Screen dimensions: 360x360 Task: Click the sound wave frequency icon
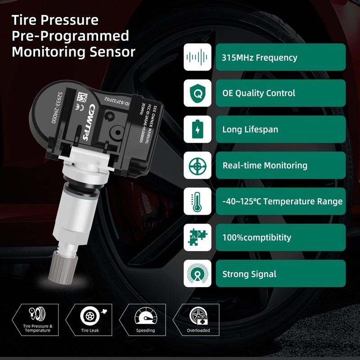pyautogui.click(x=197, y=57)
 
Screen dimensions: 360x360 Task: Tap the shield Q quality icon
pyautogui.click(x=197, y=93)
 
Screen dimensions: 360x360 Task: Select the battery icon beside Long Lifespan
pyautogui.click(x=197, y=129)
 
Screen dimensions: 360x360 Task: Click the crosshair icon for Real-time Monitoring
pyautogui.click(x=197, y=165)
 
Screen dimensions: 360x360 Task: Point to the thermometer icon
pyautogui.click(x=197, y=201)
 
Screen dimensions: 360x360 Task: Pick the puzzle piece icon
pyautogui.click(x=197, y=237)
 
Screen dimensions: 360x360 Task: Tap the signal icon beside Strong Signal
pyautogui.click(x=197, y=273)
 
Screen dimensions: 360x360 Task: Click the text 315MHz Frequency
pyautogui.click(x=260, y=58)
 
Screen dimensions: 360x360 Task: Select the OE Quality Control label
pyautogui.click(x=259, y=94)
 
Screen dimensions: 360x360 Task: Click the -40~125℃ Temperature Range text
pyautogui.click(x=282, y=202)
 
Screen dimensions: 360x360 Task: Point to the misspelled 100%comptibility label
pyautogui.click(x=256, y=238)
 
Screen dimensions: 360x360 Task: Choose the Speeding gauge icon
pyautogui.click(x=145, y=315)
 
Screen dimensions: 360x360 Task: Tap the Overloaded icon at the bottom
pyautogui.click(x=198, y=315)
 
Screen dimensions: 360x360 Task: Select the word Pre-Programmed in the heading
pyautogui.click(x=71, y=36)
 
